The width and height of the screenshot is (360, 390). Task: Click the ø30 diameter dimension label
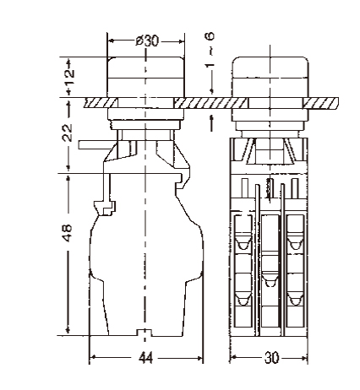[x=147, y=41]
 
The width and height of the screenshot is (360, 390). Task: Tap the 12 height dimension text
[x=69, y=73]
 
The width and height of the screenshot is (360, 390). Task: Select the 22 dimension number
[x=68, y=133]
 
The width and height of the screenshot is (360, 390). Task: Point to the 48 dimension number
[x=67, y=233]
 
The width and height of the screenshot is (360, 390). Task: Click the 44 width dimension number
[x=146, y=358]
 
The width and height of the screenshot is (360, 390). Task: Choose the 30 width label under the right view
[x=271, y=358]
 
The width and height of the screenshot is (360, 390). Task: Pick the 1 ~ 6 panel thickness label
[x=210, y=50]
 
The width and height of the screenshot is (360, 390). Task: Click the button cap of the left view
[x=145, y=77]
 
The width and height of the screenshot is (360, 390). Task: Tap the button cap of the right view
[x=270, y=77]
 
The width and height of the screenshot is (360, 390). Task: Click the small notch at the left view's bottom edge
[x=145, y=333]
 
